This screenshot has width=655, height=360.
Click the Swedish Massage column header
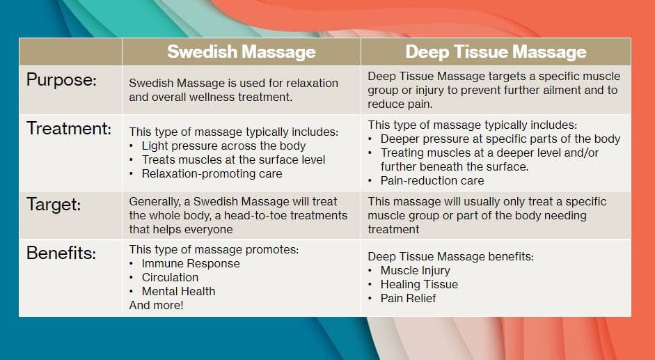tap(241, 52)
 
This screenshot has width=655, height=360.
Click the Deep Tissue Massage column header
tap(496, 52)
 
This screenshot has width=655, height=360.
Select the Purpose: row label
tap(61, 79)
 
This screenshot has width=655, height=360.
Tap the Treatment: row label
tap(69, 128)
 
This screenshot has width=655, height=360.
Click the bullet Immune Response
tap(190, 263)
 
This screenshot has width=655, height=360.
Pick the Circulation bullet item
tap(170, 277)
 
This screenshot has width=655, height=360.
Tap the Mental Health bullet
tap(178, 291)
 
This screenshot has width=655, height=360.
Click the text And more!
tap(157, 305)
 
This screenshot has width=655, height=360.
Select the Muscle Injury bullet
tap(415, 270)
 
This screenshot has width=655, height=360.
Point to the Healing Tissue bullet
tap(419, 284)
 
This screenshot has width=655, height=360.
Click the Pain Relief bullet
tap(408, 298)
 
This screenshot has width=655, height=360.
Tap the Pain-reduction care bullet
tap(432, 180)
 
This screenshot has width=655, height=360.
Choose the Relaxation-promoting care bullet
tap(212, 173)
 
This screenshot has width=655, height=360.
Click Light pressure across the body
tap(223, 146)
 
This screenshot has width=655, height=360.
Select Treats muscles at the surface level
tap(233, 159)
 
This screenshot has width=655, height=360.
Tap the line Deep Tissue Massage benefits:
tap(450, 256)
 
